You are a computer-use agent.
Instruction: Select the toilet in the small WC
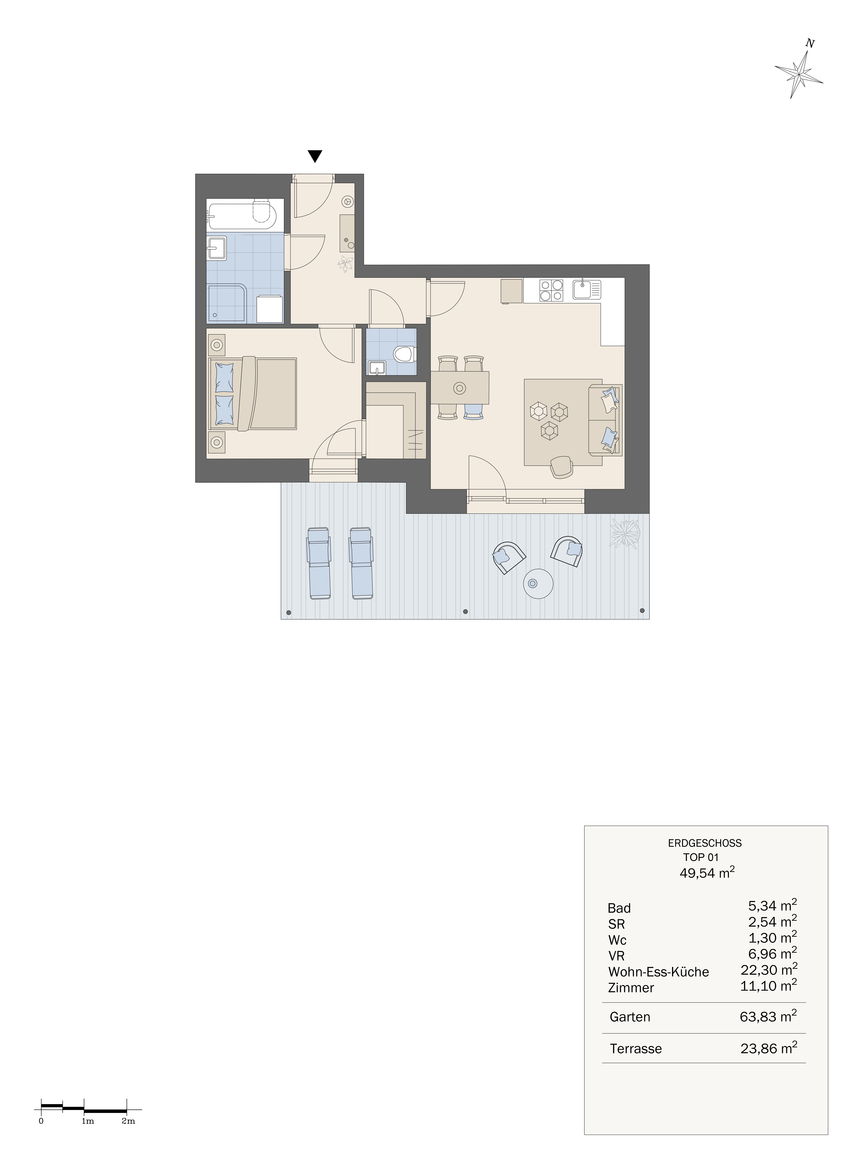pyautogui.click(x=404, y=354)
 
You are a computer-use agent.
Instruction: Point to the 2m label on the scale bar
pyautogui.click(x=128, y=1122)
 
